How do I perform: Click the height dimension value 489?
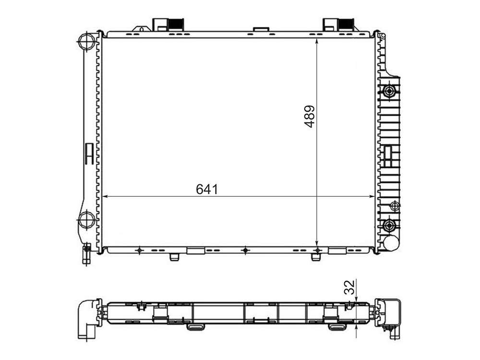click(310, 116)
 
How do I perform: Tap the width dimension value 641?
click(207, 189)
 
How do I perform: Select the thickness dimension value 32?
click(349, 287)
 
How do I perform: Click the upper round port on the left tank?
click(86, 41)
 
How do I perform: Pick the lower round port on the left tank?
click(86, 220)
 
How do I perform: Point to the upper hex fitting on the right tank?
click(389, 91)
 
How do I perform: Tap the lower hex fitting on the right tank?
click(389, 226)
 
